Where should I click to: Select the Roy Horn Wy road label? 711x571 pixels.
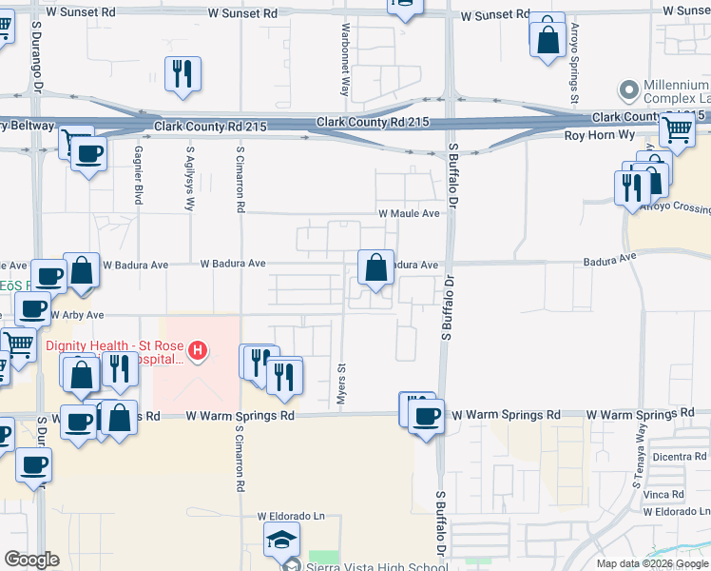600,135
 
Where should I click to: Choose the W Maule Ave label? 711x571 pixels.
409,213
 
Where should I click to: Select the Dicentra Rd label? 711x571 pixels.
679,457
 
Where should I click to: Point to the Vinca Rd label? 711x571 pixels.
663,495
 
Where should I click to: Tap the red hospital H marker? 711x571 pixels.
198,352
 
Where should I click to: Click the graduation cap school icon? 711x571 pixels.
281,541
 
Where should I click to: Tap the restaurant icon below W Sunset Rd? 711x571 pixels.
183,74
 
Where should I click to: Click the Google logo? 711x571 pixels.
31,560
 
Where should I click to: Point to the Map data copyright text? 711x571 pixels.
652,563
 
